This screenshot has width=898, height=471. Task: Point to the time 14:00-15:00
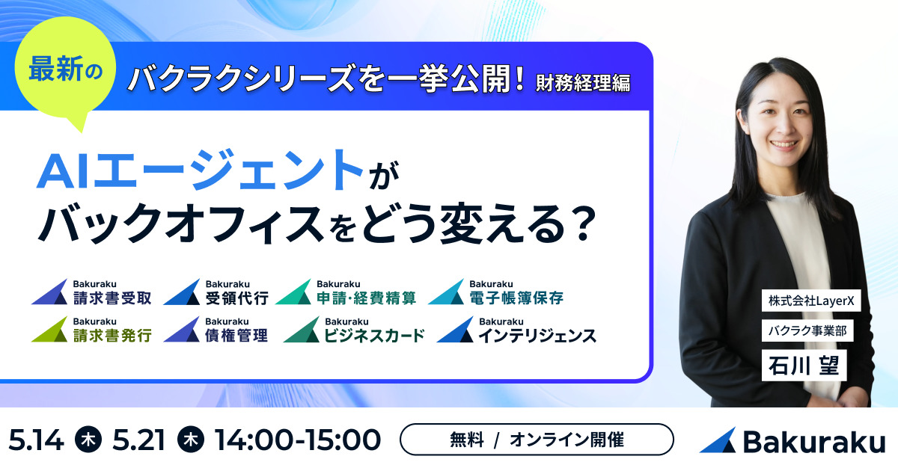click(297, 440)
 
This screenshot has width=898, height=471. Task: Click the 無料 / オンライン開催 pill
click(537, 440)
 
